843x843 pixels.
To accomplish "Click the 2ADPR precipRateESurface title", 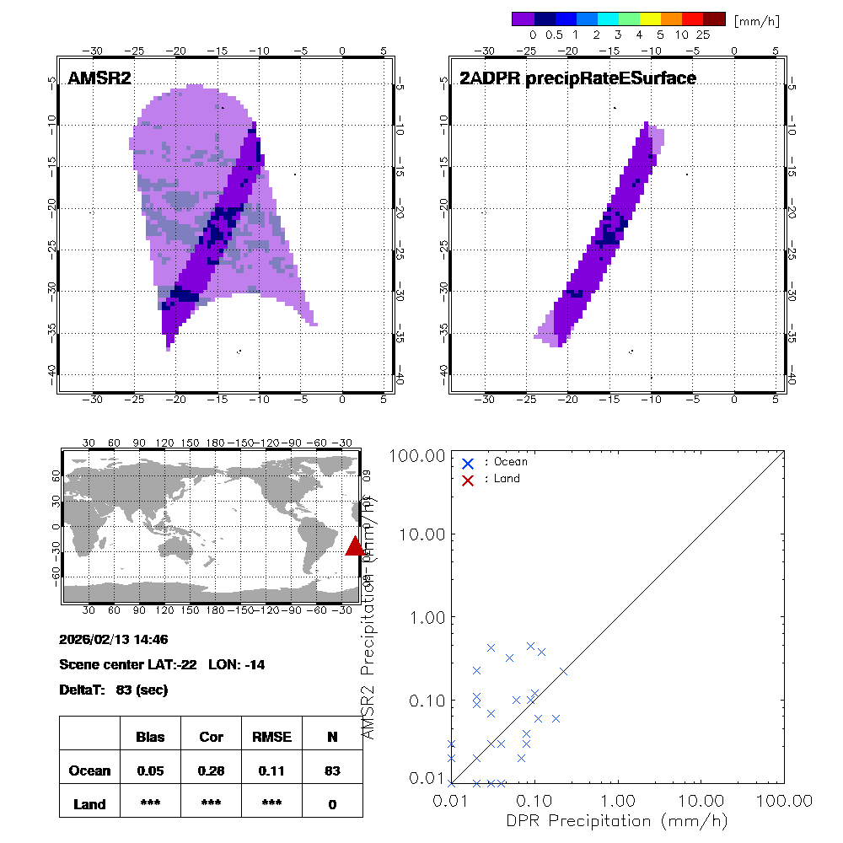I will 577,78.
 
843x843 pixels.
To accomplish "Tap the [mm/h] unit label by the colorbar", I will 756,19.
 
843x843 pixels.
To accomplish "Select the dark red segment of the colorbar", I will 714,19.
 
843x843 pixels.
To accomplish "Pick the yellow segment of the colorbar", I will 651,19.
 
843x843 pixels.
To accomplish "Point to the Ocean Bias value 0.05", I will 150,771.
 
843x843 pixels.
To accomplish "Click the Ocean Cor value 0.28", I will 211,771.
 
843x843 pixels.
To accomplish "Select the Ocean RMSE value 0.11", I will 271,771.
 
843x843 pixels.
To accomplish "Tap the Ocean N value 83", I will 332,771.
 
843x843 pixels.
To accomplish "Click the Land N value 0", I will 332,804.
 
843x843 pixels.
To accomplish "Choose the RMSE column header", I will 271,737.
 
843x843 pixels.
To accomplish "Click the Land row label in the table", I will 89,804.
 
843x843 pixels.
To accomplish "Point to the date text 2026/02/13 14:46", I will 114,640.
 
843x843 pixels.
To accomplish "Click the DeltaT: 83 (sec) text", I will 114,690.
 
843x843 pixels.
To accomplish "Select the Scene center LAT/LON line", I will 162,665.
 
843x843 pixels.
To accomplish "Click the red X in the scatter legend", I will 468,479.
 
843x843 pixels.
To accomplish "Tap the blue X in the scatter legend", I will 468,462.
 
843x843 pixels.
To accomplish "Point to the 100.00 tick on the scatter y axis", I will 416,456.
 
